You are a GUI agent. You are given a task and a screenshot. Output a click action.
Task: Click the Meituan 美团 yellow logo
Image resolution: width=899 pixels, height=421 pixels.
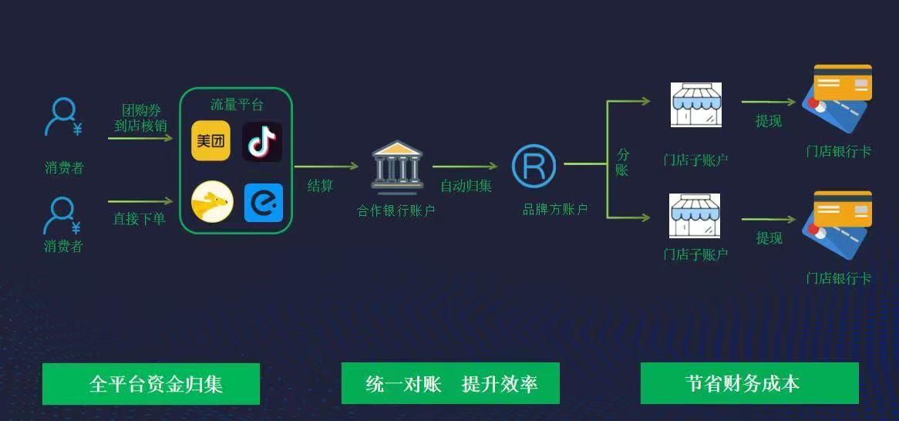210,141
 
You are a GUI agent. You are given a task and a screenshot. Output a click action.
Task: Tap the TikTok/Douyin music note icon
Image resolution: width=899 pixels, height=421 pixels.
262,141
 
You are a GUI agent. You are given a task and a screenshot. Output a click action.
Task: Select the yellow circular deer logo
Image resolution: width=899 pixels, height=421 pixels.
211,202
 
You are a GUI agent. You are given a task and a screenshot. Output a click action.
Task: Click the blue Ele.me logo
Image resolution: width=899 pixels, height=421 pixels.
263,203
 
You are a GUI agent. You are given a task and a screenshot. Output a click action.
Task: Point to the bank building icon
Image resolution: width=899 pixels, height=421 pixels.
396,166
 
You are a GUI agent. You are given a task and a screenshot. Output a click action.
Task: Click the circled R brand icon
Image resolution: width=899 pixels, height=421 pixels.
534,165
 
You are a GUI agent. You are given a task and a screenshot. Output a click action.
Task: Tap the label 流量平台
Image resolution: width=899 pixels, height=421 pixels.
237,105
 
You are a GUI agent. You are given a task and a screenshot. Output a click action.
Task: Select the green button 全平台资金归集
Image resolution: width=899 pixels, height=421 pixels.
151,383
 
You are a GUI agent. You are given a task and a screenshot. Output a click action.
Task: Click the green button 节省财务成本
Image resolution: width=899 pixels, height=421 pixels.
749,383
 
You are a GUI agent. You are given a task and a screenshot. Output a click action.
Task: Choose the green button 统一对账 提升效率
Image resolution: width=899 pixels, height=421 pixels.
450,383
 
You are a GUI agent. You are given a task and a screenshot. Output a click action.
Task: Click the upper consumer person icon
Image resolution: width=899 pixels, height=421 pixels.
62,118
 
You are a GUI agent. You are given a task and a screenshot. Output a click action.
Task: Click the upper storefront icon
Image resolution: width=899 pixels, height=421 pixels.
695,104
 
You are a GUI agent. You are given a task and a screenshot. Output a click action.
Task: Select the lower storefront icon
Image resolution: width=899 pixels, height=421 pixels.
695,215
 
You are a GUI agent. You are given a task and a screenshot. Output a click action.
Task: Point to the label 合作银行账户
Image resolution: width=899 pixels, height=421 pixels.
396,210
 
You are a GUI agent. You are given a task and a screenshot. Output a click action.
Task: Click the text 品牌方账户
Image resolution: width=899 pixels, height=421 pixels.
555,209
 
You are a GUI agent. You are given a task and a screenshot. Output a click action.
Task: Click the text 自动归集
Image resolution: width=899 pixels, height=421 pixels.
466,186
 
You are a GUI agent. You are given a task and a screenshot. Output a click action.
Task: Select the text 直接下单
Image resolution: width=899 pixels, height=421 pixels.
140,219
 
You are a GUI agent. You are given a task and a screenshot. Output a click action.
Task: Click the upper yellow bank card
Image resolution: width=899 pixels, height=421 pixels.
843,82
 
